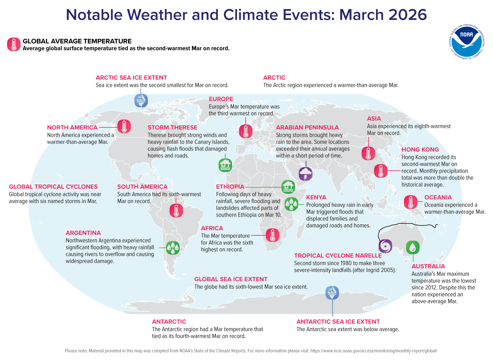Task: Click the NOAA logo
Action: [467, 41]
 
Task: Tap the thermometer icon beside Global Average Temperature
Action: [14, 44]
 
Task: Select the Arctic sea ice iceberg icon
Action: [141, 101]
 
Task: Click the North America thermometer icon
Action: [124, 127]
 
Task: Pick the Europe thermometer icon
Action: [246, 131]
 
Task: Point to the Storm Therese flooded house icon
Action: [225, 165]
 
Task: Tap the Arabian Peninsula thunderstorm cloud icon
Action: [306, 174]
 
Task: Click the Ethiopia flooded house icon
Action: [288, 187]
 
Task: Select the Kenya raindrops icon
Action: [291, 204]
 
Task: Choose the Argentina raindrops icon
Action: [172, 248]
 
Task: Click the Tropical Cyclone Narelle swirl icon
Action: [385, 246]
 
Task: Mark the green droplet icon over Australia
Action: [413, 248]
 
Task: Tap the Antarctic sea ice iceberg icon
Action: [332, 293]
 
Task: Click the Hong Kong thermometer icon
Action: [381, 171]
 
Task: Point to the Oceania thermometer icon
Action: [411, 202]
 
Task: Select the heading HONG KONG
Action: [420, 150]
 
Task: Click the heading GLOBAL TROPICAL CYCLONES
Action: [53, 187]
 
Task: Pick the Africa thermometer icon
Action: [272, 235]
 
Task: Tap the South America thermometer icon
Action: [176, 211]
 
